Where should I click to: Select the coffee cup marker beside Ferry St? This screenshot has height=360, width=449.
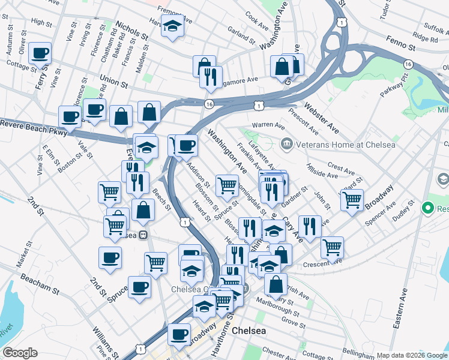click(40, 53)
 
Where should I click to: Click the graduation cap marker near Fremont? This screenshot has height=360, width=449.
click(173, 27)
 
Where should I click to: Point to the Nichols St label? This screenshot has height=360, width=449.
click(132, 32)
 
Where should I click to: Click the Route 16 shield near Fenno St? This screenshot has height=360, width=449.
click(408, 64)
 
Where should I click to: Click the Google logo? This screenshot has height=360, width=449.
click(20, 353)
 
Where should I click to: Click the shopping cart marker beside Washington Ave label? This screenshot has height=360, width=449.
click(227, 185)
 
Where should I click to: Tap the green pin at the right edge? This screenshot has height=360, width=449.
click(428, 209)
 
